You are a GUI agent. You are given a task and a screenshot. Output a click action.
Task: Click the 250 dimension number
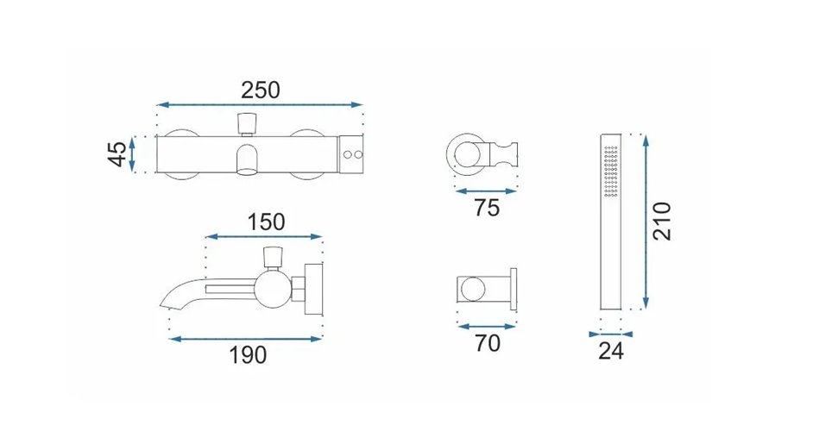261,91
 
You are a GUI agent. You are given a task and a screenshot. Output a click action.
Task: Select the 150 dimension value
266,222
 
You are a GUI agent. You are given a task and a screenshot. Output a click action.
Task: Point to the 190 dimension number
248,355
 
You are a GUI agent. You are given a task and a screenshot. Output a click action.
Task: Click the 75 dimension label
487,208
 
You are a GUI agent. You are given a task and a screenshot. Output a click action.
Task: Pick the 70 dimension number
488,343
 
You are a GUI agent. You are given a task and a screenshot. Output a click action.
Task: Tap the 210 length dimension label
662,222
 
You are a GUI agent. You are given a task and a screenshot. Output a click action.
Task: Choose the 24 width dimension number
611,351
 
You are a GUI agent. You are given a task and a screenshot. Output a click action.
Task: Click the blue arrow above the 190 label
246,339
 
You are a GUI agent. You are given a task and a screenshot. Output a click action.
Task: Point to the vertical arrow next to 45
132,153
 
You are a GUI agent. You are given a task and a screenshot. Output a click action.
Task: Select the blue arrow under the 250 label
260,104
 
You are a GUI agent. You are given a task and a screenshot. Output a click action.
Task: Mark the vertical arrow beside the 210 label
646,222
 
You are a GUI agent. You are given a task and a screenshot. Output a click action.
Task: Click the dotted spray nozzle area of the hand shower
611,172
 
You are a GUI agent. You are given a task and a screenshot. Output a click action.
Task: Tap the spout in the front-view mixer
248,161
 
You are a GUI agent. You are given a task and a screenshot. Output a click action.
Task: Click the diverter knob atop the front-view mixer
247,123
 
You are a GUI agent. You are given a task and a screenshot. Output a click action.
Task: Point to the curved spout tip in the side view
167,301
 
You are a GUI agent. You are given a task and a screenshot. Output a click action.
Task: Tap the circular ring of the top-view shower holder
465,153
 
